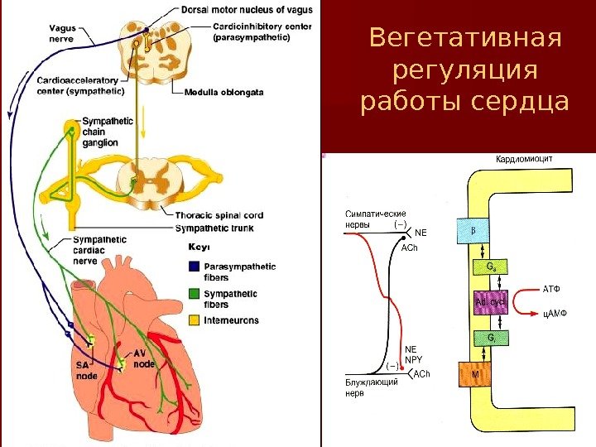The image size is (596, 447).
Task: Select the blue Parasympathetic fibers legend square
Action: [194, 267]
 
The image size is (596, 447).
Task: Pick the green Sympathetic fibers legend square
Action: [194, 293]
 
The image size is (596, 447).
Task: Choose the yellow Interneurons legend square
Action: [194, 320]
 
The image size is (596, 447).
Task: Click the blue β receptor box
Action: [472, 231]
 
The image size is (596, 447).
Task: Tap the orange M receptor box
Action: [474, 373]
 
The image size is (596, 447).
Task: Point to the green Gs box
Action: [491, 267]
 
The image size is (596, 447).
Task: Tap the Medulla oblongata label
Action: [224, 93]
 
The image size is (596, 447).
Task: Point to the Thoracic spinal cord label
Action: [219, 216]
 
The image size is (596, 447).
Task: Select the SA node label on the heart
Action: [86, 369]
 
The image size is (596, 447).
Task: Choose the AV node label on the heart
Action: [145, 358]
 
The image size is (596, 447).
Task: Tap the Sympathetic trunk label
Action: [214, 228]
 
